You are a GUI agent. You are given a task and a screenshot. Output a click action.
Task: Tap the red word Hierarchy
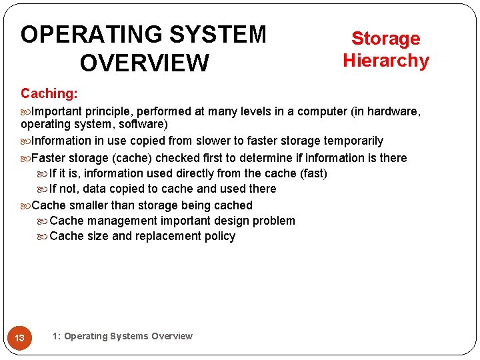(386, 60)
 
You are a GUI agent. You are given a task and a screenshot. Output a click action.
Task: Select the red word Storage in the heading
(386, 38)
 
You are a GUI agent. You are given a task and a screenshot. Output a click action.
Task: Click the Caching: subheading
(49, 93)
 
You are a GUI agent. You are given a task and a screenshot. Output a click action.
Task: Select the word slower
(208, 141)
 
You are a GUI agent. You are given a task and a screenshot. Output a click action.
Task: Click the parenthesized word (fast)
(313, 173)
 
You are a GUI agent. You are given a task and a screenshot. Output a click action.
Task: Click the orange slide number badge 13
(20, 338)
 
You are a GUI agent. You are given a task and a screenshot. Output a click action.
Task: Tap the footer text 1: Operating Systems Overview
(122, 336)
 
